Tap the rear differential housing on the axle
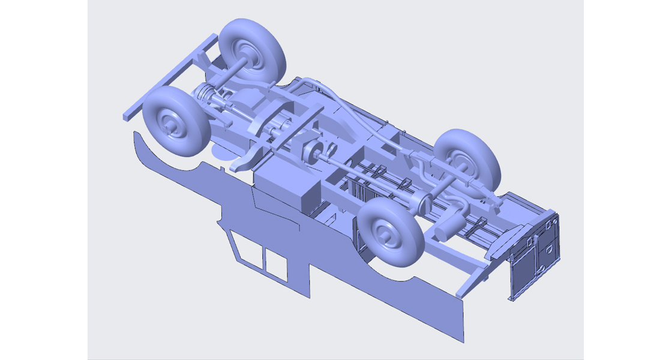tap(419, 202)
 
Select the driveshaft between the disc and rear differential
tap(366, 177)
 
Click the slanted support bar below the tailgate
tap(475, 280)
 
